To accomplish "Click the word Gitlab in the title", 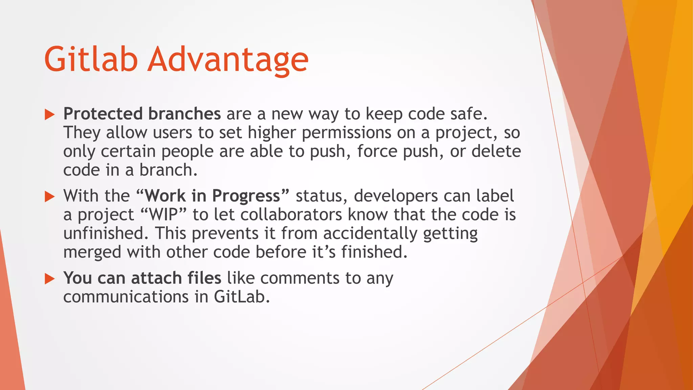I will [91, 60].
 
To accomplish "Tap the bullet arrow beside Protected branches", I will [50, 114].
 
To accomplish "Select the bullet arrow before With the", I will [50, 196].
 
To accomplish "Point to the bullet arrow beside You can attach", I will [50, 279].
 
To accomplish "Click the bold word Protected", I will [103, 114].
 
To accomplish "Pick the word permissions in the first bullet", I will [346, 133].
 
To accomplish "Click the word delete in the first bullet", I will [496, 151].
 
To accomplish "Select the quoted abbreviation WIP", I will [163, 215].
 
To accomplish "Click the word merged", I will [92, 253].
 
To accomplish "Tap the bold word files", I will [204, 278].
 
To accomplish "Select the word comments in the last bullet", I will [300, 278].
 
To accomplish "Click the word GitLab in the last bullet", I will [242, 297].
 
